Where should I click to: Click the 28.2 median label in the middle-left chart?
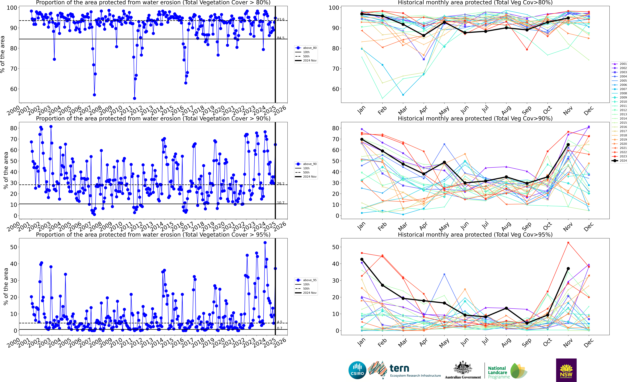[281, 184]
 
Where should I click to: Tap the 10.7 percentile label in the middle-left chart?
[281, 203]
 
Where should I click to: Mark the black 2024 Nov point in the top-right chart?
[568, 18]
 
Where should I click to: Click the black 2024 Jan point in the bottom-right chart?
[362, 259]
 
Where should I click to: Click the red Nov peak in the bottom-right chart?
[568, 243]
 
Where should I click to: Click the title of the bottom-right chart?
[475, 235]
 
